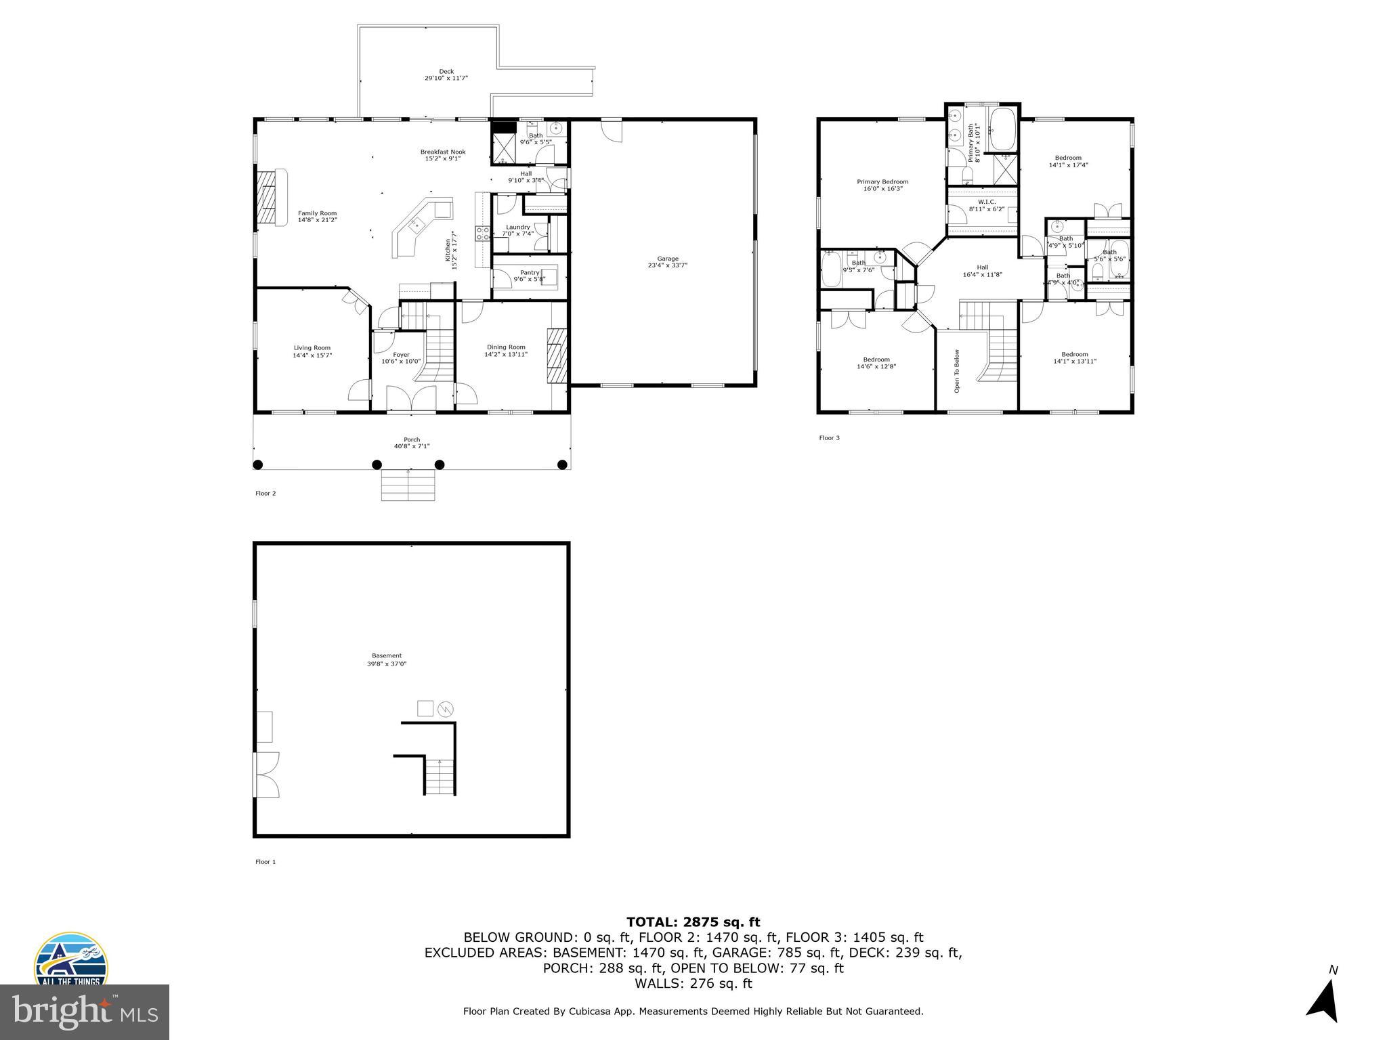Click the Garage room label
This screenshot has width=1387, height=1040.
(667, 259)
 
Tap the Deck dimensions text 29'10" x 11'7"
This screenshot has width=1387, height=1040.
(446, 79)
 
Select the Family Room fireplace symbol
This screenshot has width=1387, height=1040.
(269, 196)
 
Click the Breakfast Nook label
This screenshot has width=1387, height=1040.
(443, 152)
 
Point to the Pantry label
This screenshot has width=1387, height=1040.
(530, 272)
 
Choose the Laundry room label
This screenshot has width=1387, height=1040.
(518, 227)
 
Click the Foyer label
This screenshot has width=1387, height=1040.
(401, 354)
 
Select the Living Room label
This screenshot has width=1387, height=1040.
(312, 348)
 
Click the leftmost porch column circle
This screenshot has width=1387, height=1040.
(258, 464)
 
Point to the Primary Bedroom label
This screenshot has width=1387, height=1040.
(882, 181)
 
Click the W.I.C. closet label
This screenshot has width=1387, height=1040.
(986, 202)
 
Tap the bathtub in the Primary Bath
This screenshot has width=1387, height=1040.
(1002, 129)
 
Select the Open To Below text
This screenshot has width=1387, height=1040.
(957, 371)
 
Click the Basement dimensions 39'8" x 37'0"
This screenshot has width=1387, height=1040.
(387, 664)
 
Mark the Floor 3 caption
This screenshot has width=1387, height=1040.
(829, 438)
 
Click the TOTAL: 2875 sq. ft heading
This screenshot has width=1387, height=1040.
(693, 922)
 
